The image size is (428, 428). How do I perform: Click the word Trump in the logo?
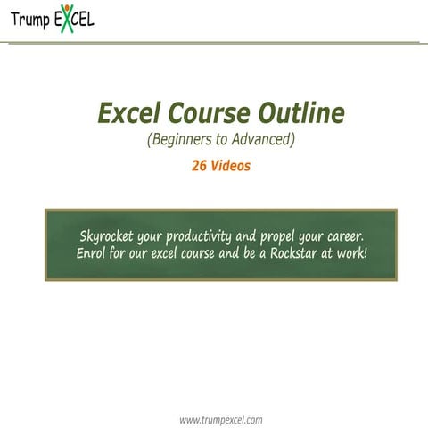coord(29,19)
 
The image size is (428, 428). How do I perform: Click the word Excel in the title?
coord(130,114)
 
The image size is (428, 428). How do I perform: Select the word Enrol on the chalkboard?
coord(93,253)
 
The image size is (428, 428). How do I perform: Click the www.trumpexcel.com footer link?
coord(220,418)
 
